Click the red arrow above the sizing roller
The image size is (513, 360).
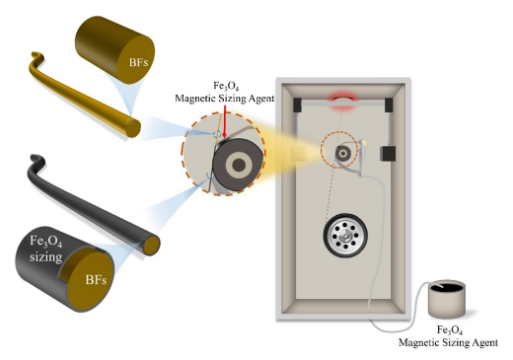224,121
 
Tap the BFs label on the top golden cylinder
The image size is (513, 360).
138,62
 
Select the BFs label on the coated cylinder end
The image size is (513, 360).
96,280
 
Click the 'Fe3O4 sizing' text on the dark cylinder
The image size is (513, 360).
46,249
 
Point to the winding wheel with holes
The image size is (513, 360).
345,235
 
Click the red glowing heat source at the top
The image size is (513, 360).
343,99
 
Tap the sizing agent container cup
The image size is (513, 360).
447,299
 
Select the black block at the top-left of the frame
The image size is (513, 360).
297,105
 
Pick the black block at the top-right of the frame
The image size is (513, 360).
389,105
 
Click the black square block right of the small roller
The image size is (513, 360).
388,154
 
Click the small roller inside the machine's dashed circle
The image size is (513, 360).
343,153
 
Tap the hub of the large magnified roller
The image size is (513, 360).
239,165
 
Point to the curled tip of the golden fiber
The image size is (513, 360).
36,55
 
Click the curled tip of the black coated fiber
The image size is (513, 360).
36,158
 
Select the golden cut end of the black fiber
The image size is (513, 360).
152,246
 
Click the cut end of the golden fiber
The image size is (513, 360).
133,129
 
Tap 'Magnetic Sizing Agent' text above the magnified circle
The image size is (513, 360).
225,99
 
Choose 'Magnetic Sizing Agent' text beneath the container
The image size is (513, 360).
448,342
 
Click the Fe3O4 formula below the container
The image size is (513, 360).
449,330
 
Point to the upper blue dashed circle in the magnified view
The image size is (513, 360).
217,134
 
